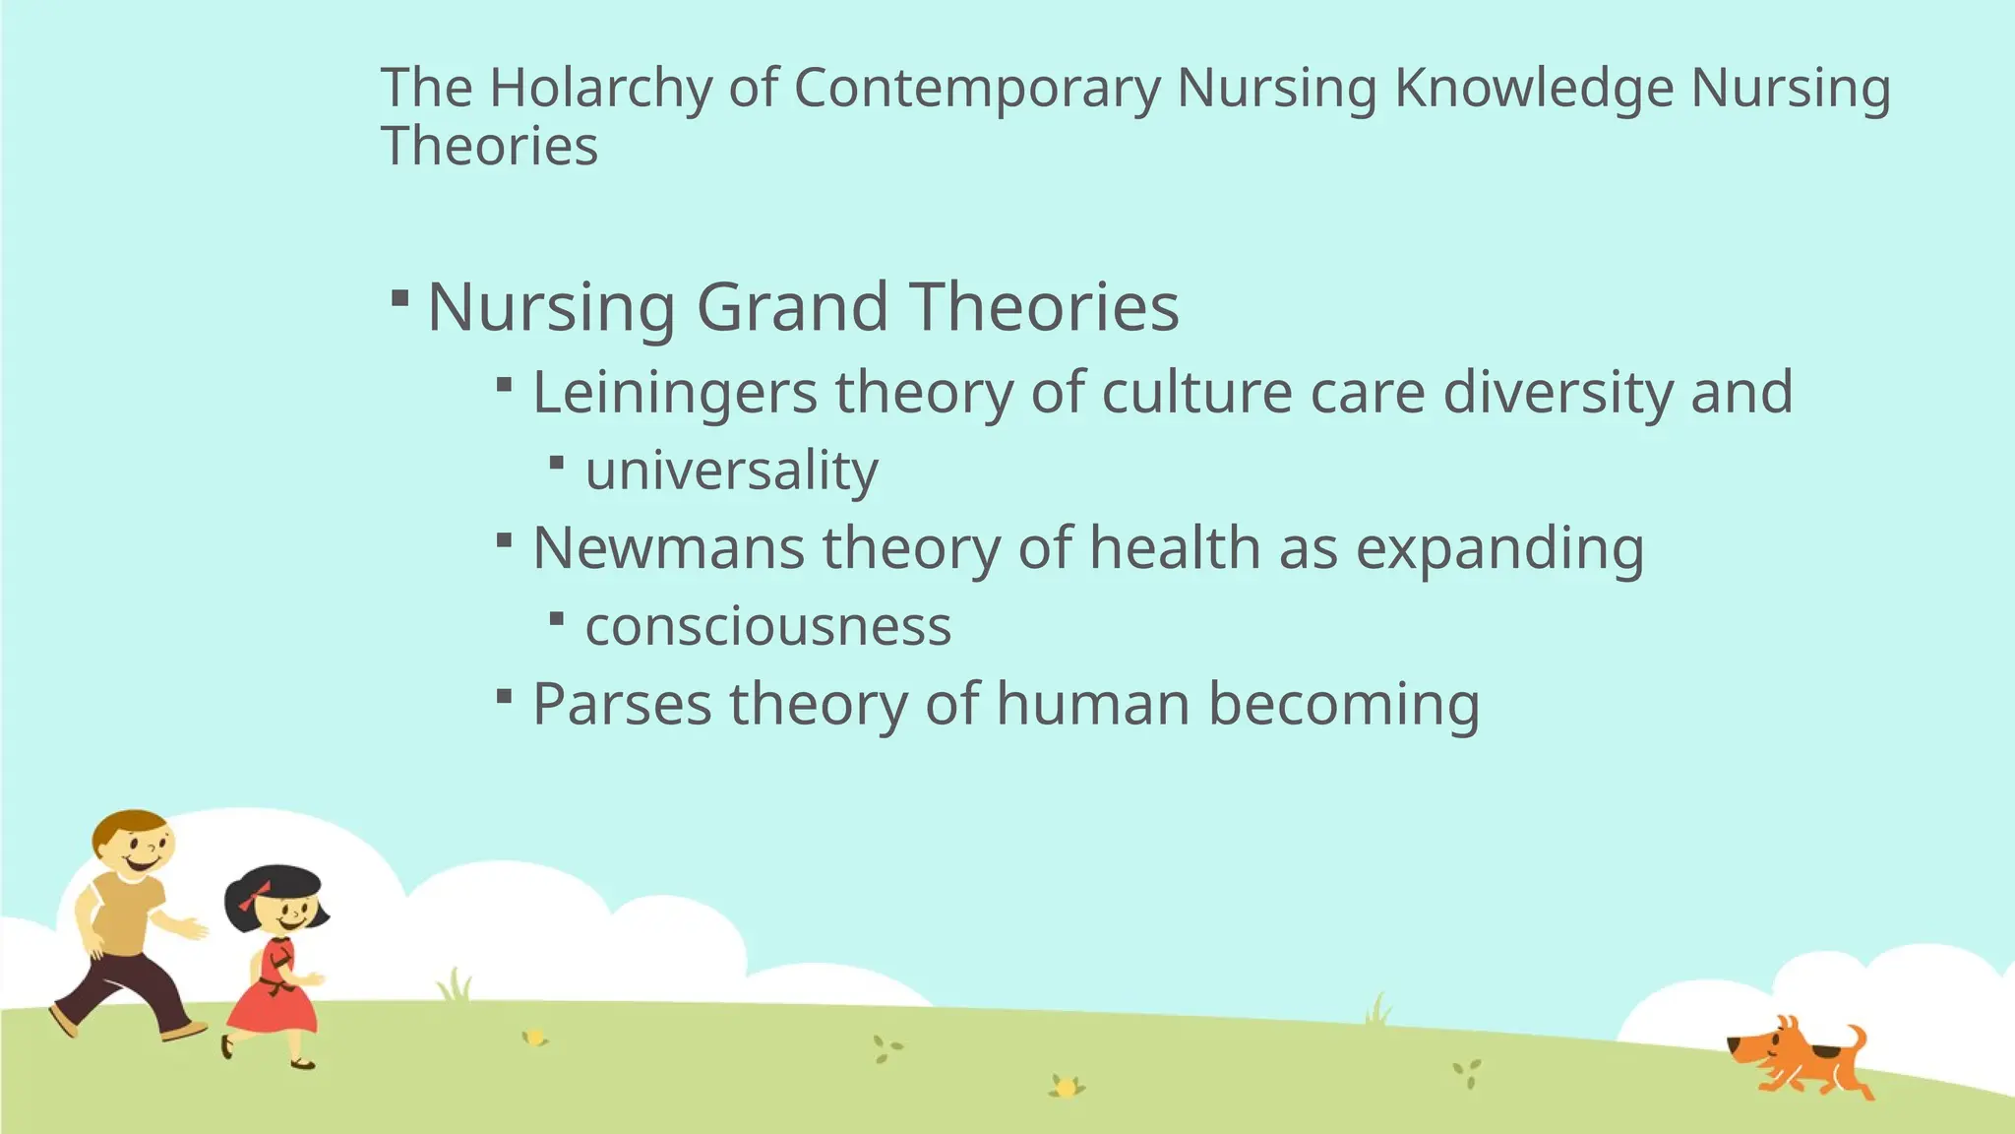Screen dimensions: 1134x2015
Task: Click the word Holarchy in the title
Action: click(x=600, y=89)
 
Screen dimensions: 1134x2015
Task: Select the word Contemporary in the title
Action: click(x=977, y=89)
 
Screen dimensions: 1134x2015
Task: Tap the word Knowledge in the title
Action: click(x=1533, y=89)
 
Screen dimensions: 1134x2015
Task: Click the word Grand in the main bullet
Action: click(x=793, y=307)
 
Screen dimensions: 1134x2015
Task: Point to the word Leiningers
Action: click(x=675, y=393)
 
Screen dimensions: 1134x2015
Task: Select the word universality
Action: click(x=731, y=471)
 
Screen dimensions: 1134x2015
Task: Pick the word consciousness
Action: click(x=768, y=626)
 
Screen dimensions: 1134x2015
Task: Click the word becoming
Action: click(x=1343, y=705)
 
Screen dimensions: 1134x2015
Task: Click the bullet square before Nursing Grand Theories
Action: click(x=399, y=297)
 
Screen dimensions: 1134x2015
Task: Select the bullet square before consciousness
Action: click(x=557, y=618)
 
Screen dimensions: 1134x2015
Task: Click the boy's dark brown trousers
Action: click(x=128, y=989)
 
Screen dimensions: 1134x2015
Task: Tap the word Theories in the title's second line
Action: click(x=489, y=148)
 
